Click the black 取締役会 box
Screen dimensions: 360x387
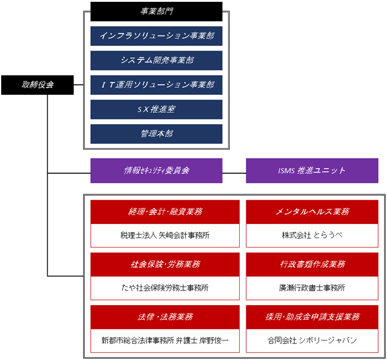pyautogui.click(x=37, y=85)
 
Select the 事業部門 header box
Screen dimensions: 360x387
pyautogui.click(x=156, y=11)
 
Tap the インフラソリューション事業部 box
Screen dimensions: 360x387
pyautogui.click(x=156, y=36)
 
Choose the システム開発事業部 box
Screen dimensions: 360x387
pyautogui.click(x=156, y=60)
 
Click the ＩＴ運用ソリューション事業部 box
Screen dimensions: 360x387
pyautogui.click(x=156, y=85)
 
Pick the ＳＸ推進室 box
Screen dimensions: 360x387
pyautogui.click(x=156, y=109)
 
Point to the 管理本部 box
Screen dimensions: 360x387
pyautogui.click(x=156, y=134)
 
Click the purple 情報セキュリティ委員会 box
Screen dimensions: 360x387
pyautogui.click(x=156, y=170)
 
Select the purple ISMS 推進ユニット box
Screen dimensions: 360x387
pyautogui.click(x=312, y=170)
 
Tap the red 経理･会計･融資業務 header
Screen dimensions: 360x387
pyautogui.click(x=165, y=212)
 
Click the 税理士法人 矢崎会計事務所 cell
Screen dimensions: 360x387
pyautogui.click(x=165, y=235)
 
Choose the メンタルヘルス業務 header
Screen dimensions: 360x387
pyautogui.click(x=312, y=212)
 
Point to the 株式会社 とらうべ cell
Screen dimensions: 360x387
pyautogui.click(x=312, y=235)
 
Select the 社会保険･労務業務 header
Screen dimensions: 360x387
pyautogui.click(x=165, y=264)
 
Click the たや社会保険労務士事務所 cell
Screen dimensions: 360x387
pyautogui.click(x=165, y=288)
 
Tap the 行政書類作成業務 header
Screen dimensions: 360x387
pyautogui.click(x=312, y=264)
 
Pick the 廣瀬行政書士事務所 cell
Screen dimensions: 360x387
pyautogui.click(x=312, y=288)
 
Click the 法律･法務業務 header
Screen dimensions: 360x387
pyautogui.click(x=165, y=316)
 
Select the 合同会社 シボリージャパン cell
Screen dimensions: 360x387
pyautogui.click(x=312, y=341)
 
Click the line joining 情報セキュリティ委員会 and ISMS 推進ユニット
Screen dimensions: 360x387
pyautogui.click(x=234, y=173)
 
